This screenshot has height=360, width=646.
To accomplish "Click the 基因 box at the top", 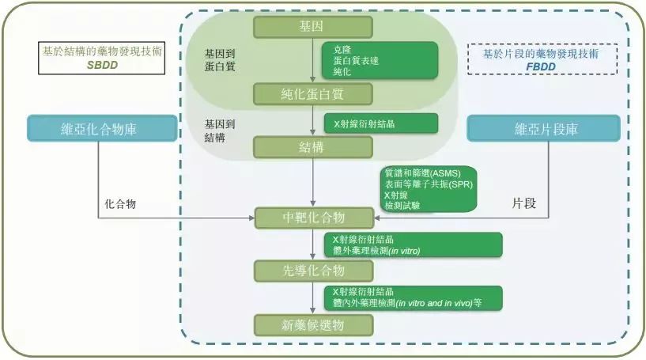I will click(312, 26).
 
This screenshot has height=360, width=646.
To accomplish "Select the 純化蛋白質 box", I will click(312, 94).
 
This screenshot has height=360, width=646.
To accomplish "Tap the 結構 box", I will click(312, 146).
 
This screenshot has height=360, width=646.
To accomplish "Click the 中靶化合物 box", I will click(312, 217).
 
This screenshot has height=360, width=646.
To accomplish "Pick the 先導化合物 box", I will click(312, 271).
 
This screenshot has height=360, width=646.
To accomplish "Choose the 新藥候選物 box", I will click(312, 324).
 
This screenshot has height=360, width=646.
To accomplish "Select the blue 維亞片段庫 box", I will click(546, 128).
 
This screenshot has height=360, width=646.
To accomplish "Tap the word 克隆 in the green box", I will click(342, 49).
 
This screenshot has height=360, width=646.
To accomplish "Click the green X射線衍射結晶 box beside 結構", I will click(381, 123).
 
